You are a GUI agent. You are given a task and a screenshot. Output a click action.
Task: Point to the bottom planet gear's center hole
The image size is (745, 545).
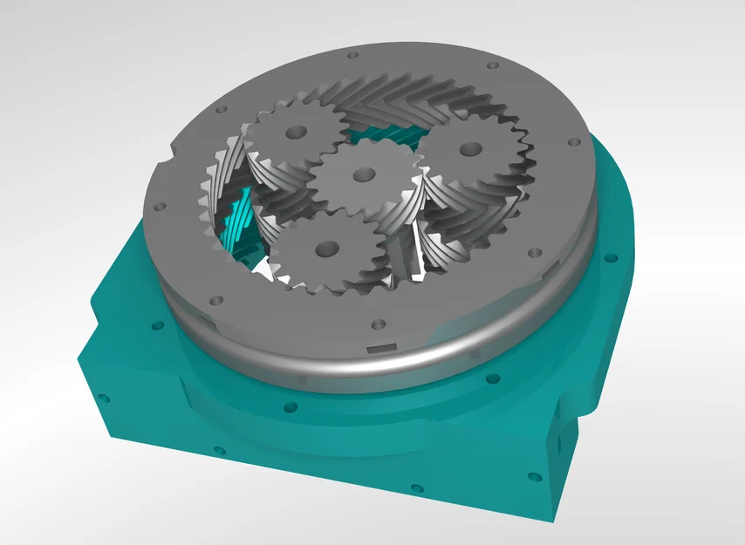(326, 249)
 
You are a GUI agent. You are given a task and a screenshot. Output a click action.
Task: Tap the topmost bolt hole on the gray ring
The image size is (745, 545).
(352, 55)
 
